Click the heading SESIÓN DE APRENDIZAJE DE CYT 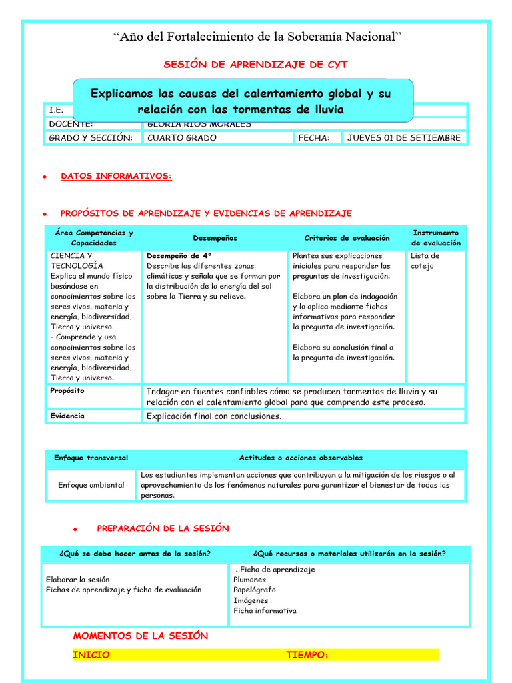click(x=255, y=65)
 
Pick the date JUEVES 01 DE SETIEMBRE click(x=403, y=138)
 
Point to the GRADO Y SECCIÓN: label click(x=90, y=138)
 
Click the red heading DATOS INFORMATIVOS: click(x=116, y=176)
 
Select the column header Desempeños click(x=215, y=238)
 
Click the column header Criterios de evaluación click(x=347, y=238)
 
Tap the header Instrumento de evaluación click(x=436, y=238)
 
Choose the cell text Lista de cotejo click(x=425, y=261)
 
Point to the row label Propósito click(x=67, y=391)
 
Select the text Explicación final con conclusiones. click(x=214, y=416)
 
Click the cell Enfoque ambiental click(x=91, y=485)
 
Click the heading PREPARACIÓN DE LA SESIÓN click(x=163, y=528)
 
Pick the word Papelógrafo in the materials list click(x=254, y=590)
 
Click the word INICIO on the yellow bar click(x=91, y=655)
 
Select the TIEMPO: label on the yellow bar click(x=307, y=655)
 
